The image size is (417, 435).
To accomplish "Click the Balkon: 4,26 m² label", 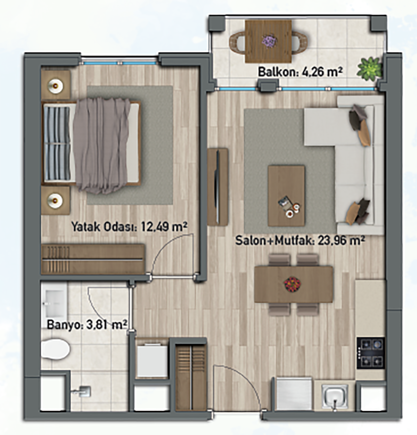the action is click(300, 72).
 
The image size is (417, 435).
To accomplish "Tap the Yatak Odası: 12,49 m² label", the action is click(130, 227).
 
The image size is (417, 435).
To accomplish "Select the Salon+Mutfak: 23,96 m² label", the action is click(300, 241).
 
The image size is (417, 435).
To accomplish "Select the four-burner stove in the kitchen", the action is click(371, 353).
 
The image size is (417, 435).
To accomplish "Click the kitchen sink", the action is click(335, 396).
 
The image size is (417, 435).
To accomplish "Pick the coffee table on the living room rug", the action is click(286, 196).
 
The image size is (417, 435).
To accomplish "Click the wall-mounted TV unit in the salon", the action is click(218, 187).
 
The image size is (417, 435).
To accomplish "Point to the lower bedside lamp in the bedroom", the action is click(55, 200).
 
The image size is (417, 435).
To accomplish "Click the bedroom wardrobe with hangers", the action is click(93, 259).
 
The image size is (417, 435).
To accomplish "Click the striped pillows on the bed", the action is click(57, 144).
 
